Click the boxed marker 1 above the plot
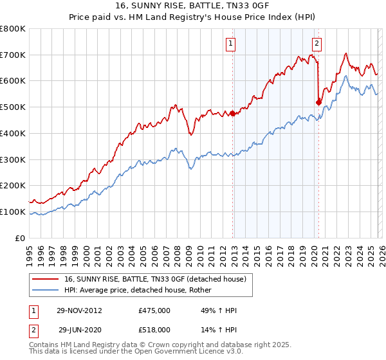coord(230,44)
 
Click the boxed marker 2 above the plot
coord(317,44)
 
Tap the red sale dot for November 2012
coord(232,114)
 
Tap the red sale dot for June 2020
coord(318,102)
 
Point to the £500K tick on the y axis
coord(13,107)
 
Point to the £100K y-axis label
coord(13,212)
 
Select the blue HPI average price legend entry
coord(142,291)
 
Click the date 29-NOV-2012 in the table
coord(79,310)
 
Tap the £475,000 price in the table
coord(154,310)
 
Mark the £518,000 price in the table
coord(154,330)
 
